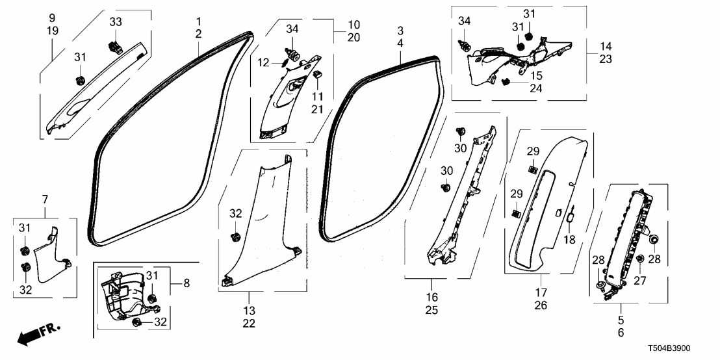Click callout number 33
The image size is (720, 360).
(x=115, y=22)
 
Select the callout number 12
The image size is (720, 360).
(x=263, y=62)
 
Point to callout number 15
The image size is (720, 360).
(x=536, y=75)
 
